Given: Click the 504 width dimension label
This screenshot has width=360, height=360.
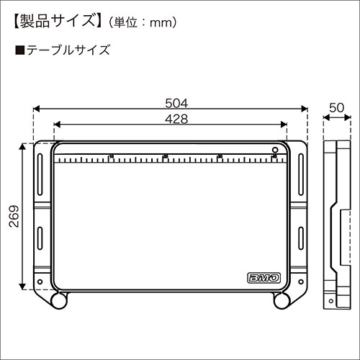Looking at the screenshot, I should (x=171, y=102).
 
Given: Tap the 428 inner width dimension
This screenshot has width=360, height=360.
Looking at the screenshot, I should (x=171, y=119).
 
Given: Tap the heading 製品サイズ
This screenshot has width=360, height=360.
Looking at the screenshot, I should (x=56, y=21).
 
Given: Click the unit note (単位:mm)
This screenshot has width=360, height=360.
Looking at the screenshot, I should (x=142, y=22).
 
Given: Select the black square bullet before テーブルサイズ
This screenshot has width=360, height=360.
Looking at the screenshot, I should (x=19, y=50).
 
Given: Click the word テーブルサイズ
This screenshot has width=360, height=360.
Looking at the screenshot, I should (x=66, y=50).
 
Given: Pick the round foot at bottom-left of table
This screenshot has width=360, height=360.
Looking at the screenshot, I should (x=58, y=299).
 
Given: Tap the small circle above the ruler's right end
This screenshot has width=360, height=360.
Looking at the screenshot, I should (x=275, y=148).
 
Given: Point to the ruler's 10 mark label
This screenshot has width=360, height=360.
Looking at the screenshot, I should (x=111, y=155).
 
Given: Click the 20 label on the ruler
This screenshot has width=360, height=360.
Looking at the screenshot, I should (x=166, y=155).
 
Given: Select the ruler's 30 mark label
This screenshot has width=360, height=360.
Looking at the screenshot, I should (x=220, y=155).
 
